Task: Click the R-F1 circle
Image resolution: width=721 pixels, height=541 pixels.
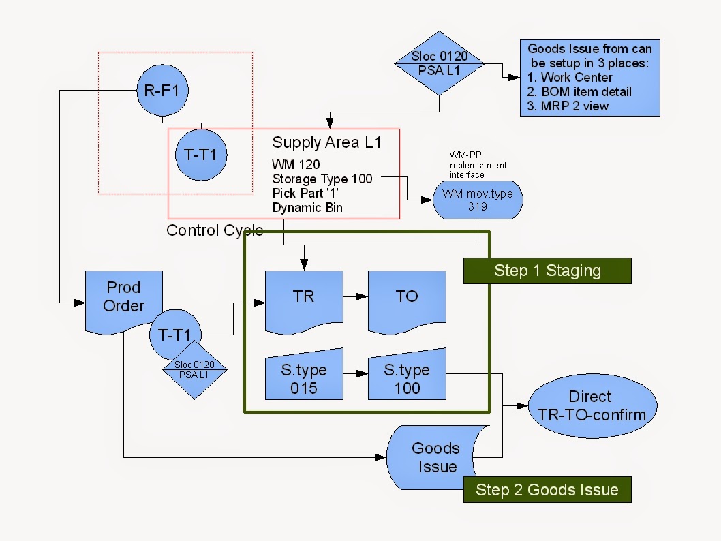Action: pos(162,89)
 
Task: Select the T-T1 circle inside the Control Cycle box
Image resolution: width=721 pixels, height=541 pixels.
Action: pos(201,155)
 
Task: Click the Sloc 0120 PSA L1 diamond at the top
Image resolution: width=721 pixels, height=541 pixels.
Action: pos(440,63)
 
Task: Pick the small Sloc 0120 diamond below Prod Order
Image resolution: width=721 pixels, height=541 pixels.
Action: pos(194,370)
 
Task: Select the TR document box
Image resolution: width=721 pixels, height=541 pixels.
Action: pos(303,298)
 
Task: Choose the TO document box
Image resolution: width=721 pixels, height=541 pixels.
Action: pos(407,298)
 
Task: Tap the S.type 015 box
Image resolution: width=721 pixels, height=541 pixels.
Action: pos(303,378)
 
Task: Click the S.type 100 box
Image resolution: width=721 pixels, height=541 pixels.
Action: pos(407,378)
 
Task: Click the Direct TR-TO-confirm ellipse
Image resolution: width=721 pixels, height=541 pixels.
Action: pos(590,405)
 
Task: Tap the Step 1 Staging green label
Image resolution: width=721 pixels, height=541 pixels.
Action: pos(547,270)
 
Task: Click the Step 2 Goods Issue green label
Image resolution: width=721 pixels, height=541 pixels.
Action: pos(547,490)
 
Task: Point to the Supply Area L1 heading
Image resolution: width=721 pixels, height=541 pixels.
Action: pos(326,142)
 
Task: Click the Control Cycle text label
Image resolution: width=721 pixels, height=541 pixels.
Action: pos(215,230)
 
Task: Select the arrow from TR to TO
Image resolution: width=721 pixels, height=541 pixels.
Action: pos(355,297)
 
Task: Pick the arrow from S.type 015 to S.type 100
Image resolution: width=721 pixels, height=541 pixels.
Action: pos(355,374)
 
